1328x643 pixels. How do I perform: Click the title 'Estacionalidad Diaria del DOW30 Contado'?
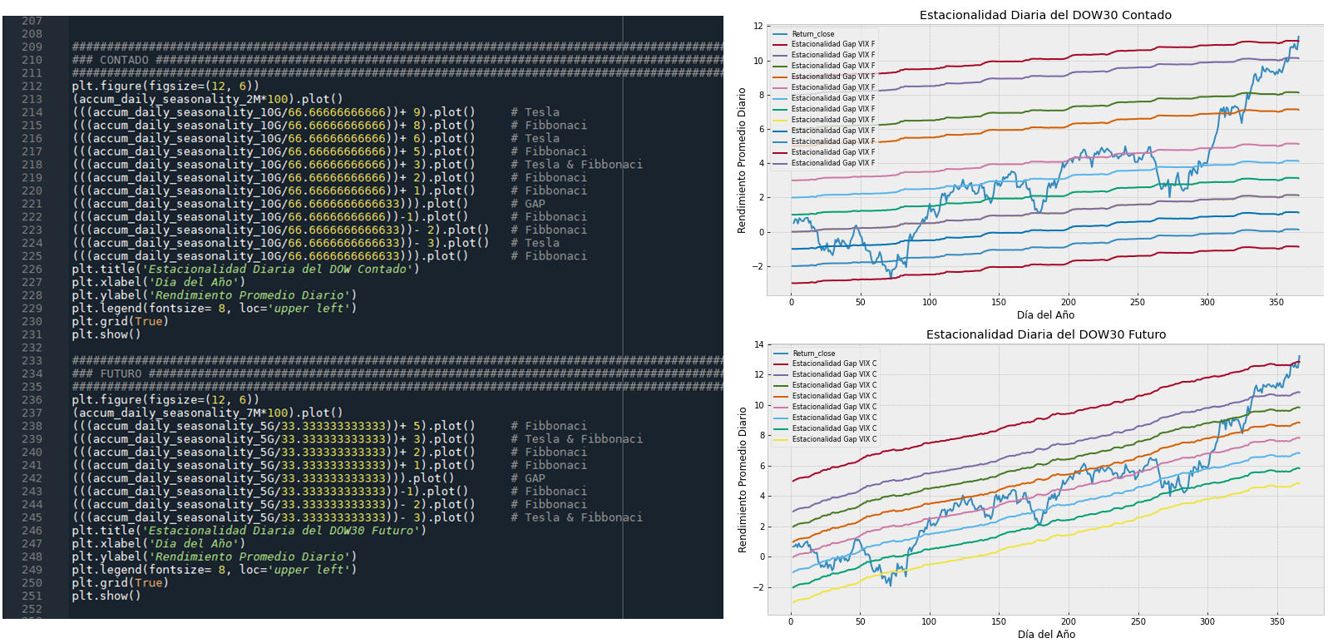tap(1045, 15)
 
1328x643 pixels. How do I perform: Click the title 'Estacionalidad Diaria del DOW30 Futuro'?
tap(1046, 334)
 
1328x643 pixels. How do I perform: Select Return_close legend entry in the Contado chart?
tap(812, 34)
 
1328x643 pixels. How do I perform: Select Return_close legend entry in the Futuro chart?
tap(813, 354)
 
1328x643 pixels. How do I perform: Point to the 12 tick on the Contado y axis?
tap(758, 26)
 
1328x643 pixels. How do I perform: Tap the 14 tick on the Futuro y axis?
tap(758, 344)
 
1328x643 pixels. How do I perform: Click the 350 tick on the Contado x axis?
tap(1276, 302)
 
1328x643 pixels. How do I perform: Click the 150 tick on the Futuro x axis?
tap(998, 621)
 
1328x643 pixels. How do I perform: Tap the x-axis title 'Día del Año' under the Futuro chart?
tap(1046, 635)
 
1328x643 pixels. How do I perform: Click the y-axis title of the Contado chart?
tap(742, 161)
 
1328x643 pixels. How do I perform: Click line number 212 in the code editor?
tap(32, 86)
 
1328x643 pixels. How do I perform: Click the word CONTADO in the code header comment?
tap(124, 60)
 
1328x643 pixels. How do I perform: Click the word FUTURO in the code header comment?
tap(121, 373)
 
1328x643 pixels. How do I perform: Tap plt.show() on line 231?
tap(106, 334)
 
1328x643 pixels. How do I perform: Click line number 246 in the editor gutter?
tap(32, 531)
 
